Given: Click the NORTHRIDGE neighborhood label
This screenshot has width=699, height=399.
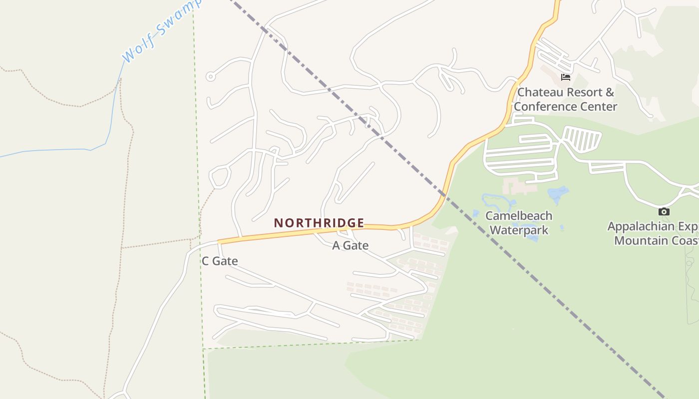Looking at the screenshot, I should click(319, 223).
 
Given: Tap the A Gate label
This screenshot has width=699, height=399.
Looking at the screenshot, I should click(350, 245).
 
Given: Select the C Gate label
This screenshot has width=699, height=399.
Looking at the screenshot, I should click(220, 261).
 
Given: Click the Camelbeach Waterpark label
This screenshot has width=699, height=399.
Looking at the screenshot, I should click(519, 223).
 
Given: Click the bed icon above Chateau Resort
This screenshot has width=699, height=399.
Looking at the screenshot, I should click(565, 77).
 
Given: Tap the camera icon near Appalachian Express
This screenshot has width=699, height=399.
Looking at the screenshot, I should click(664, 211).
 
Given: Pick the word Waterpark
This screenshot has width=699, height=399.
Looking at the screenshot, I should click(519, 230).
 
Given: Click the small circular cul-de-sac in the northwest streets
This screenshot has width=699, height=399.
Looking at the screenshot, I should click(210, 77).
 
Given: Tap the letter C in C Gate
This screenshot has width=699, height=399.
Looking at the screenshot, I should click(205, 261).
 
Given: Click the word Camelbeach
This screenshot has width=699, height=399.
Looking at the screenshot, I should click(519, 216).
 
